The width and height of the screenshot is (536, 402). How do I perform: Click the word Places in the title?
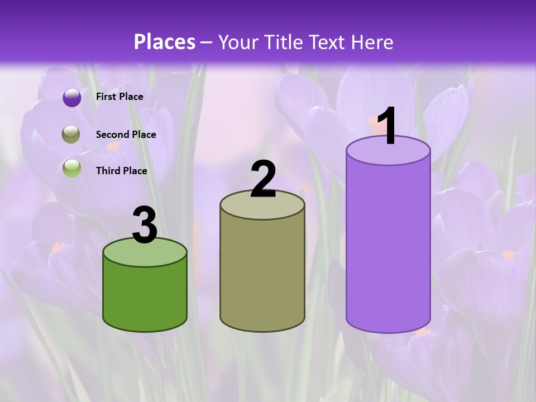(x=165, y=42)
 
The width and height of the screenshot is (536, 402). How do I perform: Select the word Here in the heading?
(x=372, y=42)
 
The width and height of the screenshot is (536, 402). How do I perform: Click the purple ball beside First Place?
(x=72, y=97)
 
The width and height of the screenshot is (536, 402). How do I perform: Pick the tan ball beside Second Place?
(x=71, y=135)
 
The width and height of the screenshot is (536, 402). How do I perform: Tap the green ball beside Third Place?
(x=71, y=168)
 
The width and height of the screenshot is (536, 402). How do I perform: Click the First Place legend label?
(x=119, y=97)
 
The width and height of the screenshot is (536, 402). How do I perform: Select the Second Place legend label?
(x=126, y=135)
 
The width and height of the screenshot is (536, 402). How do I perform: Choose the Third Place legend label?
(x=121, y=171)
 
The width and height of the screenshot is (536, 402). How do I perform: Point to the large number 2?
(x=263, y=179)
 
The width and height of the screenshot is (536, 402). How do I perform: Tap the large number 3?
(x=145, y=225)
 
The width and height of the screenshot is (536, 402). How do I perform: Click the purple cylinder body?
(x=388, y=246)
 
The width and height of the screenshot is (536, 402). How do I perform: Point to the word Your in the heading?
(x=237, y=42)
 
